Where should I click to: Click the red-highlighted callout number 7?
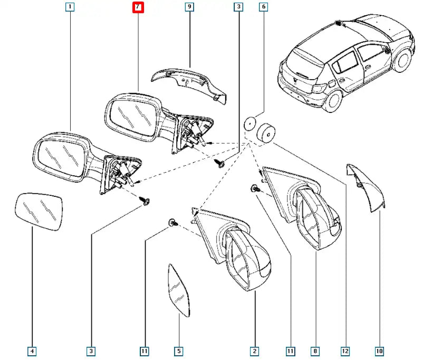(137, 7)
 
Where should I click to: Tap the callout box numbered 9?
(189, 7)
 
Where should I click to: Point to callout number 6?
(263, 7)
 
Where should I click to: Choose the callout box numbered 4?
(32, 350)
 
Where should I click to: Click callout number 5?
(178, 350)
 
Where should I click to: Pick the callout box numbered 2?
(255, 350)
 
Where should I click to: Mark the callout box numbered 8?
(315, 350)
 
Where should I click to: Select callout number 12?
(345, 350)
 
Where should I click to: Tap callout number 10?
(380, 350)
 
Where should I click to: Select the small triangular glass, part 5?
(179, 289)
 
